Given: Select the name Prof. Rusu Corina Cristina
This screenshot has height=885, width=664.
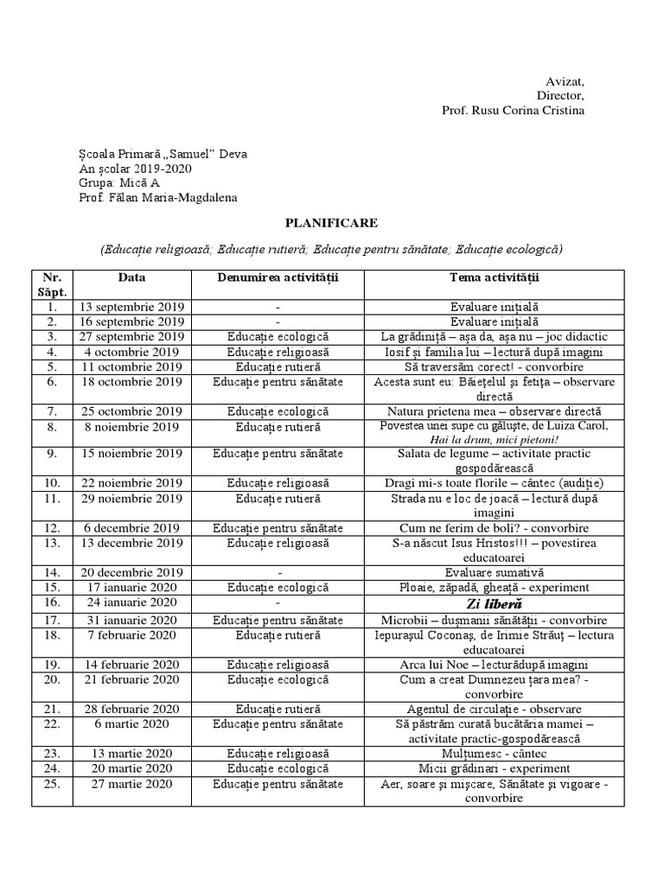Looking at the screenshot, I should coord(513,111).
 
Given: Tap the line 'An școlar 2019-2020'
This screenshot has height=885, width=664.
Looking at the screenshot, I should coord(135,169).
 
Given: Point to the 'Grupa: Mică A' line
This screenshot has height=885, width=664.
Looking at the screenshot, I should coord(118,183).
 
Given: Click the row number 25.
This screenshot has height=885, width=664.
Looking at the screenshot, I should coord(52,784).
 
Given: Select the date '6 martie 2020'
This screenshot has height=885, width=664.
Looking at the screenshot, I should coord(132,723).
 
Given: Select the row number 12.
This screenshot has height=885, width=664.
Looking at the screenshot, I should coord(52,528).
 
